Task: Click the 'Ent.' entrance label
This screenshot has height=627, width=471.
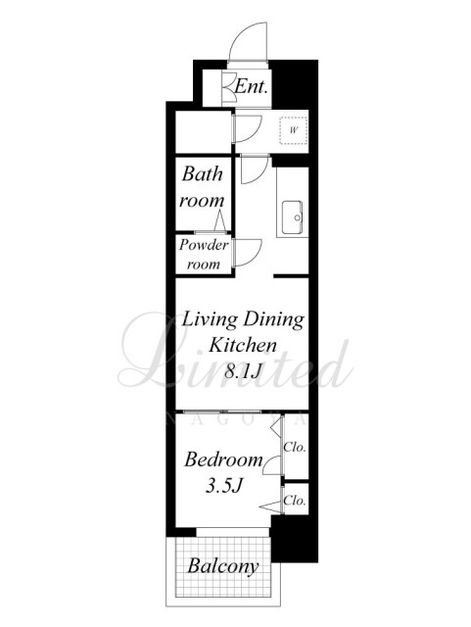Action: [251, 86]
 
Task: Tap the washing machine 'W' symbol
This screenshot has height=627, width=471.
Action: [294, 130]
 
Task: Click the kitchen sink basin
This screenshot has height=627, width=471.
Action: [292, 217]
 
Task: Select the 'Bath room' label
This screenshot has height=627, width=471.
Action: [202, 187]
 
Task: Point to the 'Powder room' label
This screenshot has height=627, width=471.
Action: [204, 255]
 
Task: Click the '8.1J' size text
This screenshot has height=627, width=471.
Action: [243, 371]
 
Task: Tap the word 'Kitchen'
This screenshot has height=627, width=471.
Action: [243, 345]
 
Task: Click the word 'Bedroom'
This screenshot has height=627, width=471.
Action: [223, 459]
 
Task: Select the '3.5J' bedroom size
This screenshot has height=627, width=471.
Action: [224, 486]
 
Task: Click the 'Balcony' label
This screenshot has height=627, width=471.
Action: [223, 566]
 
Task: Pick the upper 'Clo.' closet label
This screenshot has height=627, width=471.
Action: [295, 447]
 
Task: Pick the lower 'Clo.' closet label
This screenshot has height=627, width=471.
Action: [295, 501]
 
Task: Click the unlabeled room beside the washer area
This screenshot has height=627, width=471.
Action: [204, 131]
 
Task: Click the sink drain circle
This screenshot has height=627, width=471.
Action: [297, 217]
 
